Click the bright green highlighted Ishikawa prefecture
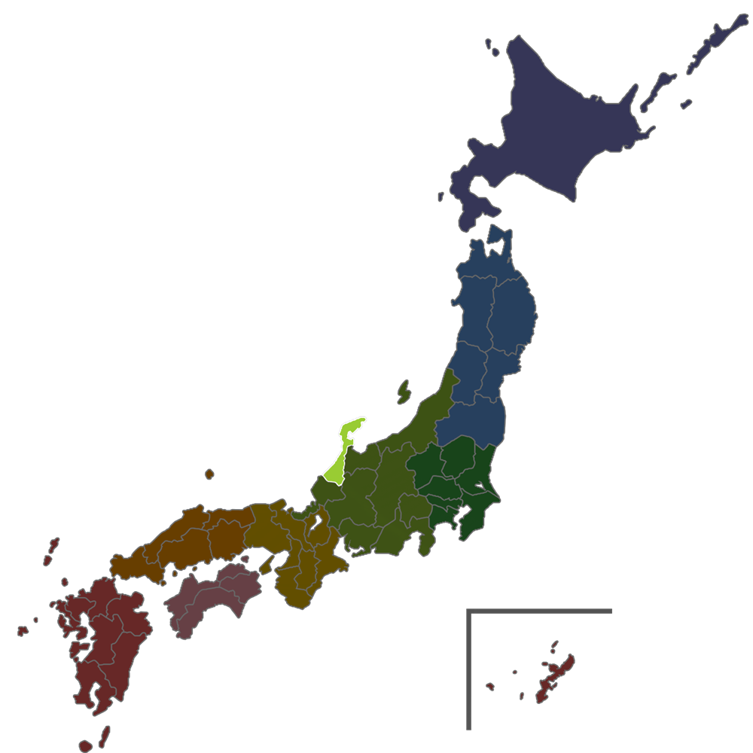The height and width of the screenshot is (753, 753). pyautogui.click(x=340, y=456)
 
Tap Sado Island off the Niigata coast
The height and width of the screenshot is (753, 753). pyautogui.click(x=404, y=391)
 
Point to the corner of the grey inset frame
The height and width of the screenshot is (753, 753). pyautogui.click(x=469, y=611)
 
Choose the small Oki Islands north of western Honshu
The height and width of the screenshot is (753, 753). pyautogui.click(x=209, y=474)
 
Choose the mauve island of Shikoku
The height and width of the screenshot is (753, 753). pyautogui.click(x=211, y=599)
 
